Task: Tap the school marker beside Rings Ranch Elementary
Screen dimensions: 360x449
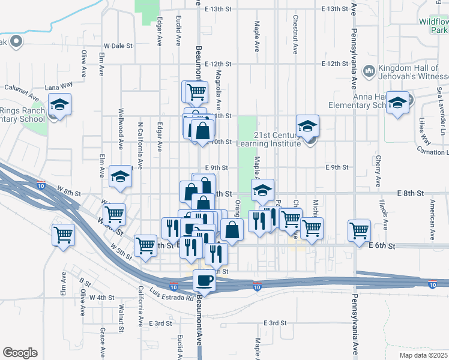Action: tap(60, 104)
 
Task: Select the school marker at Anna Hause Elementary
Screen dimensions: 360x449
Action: tap(397, 103)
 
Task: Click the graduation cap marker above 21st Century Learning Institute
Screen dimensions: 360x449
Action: tap(307, 126)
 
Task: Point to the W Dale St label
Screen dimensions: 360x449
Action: tap(118, 46)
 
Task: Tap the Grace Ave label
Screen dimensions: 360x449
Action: tap(103, 340)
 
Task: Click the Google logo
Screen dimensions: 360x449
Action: tap(20, 353)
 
